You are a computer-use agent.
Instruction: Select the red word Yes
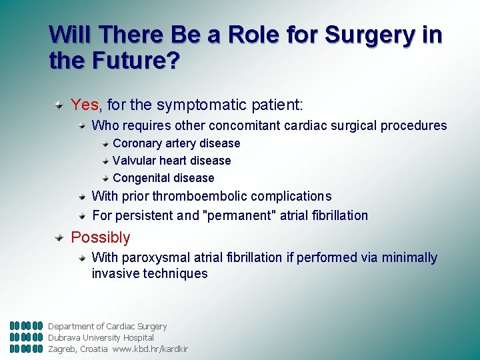[x=85, y=105]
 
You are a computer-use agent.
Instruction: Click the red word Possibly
[x=101, y=237]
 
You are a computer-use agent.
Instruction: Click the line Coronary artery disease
[x=177, y=143]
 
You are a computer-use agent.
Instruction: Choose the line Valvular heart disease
[x=172, y=161]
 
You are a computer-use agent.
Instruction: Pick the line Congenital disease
[x=164, y=178]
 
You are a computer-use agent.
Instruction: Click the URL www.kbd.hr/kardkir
[x=150, y=349]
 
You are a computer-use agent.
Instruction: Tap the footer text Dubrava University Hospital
[x=101, y=337]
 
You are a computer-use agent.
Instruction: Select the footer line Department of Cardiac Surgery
[x=107, y=326]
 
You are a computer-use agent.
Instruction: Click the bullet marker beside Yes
[x=60, y=105]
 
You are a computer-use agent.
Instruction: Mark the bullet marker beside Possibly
[x=60, y=237]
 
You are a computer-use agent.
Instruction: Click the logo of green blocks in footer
[x=27, y=337]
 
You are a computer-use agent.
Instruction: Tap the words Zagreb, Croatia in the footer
[x=77, y=349]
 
